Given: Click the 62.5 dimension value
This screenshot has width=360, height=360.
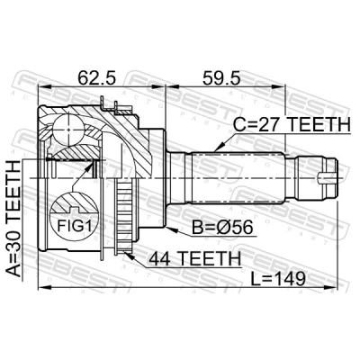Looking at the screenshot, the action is tap(96, 78).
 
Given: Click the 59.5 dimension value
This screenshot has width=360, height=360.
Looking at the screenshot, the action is tap(221, 78).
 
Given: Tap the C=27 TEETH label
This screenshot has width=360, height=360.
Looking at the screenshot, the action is tap(292, 125).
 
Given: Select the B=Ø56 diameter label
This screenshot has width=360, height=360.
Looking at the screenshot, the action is tap(222, 228).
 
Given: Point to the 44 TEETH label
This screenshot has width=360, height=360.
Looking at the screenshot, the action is tap(195, 258).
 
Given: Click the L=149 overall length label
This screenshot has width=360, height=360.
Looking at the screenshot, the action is tap(278, 279).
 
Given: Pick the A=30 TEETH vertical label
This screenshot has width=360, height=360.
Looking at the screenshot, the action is tap(13, 219).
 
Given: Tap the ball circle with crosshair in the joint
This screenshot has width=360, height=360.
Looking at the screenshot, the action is tap(68, 130).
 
